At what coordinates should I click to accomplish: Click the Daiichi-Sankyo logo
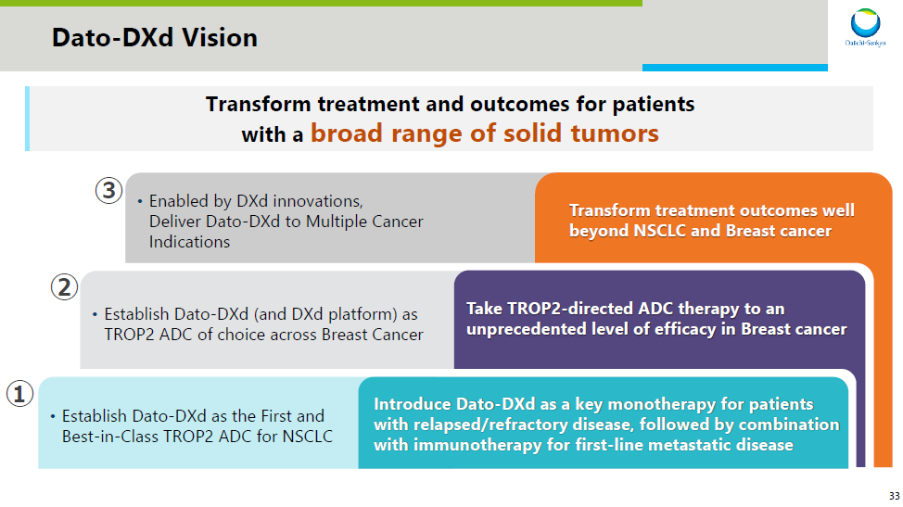(x=865, y=27)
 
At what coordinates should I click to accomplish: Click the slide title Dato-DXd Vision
(x=155, y=38)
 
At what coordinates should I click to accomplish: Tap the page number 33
(x=894, y=496)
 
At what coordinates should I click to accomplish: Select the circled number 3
(x=108, y=190)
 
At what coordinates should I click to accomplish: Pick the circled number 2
(x=64, y=287)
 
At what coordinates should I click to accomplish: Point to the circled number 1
(x=19, y=394)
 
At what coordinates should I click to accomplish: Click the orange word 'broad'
(x=347, y=133)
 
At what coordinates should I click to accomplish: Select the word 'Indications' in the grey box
(x=189, y=242)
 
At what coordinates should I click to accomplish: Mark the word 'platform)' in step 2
(x=362, y=314)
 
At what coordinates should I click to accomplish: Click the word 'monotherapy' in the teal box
(x=661, y=404)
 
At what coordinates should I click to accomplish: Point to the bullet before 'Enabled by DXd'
(x=140, y=201)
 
